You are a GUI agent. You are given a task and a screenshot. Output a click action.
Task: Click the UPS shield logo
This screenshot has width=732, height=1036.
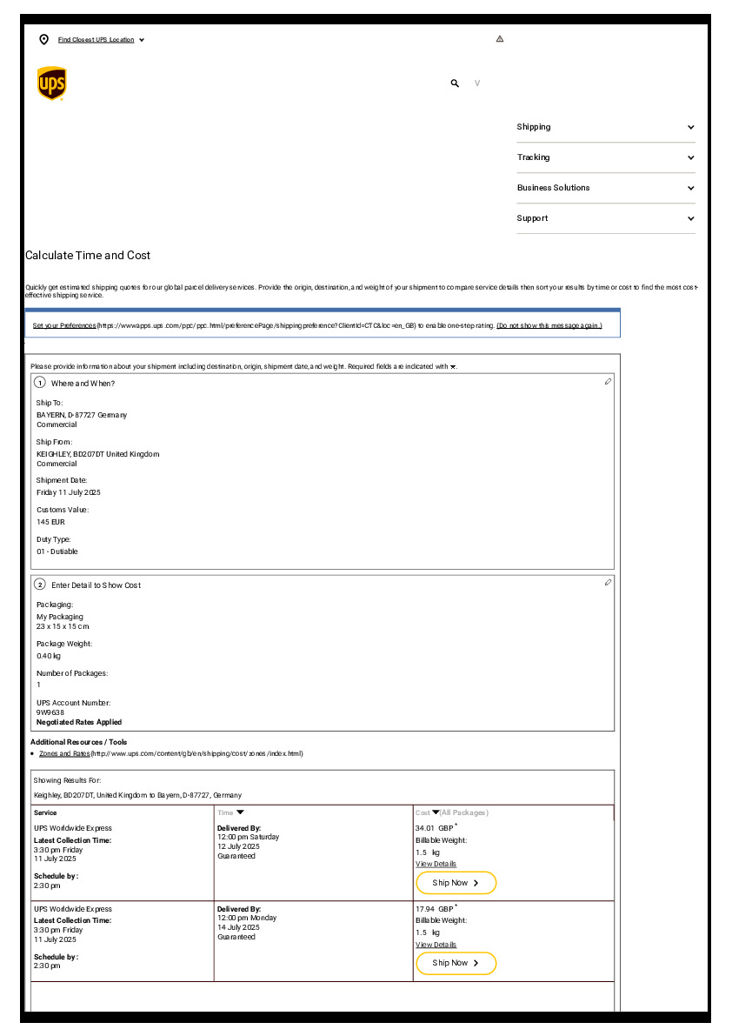point(51,84)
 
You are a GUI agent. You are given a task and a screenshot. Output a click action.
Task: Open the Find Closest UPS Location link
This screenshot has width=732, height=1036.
point(96,40)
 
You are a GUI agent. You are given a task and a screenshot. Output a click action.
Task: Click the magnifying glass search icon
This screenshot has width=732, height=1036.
point(455,84)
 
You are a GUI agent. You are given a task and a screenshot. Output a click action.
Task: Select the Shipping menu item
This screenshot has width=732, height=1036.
point(534,127)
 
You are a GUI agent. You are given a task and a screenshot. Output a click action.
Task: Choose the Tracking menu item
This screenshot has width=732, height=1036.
point(533,157)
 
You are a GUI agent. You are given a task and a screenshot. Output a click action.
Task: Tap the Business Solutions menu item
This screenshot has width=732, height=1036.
point(553,188)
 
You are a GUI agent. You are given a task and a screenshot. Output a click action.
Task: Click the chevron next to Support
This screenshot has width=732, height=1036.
point(690,218)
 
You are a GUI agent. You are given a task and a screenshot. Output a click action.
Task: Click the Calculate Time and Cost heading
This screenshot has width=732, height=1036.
point(88,256)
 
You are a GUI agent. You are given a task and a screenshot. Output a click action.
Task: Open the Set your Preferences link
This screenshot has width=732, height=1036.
point(64,325)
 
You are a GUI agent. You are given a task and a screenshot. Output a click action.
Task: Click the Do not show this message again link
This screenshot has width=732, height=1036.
point(549,325)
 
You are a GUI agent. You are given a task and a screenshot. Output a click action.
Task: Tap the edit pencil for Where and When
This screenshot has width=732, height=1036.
point(608,382)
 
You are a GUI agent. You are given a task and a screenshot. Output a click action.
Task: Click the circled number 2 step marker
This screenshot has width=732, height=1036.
point(40,585)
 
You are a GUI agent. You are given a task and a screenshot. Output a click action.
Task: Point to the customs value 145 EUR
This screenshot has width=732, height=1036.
point(50,522)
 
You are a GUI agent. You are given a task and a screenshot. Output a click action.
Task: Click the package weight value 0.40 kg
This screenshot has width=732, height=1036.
point(49,656)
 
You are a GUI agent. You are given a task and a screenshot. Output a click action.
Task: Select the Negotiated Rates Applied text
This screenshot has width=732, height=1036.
point(79,722)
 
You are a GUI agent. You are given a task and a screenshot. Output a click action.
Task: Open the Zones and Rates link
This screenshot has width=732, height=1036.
point(64,753)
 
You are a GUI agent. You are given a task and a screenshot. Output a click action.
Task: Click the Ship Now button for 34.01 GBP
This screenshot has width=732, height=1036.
point(456,883)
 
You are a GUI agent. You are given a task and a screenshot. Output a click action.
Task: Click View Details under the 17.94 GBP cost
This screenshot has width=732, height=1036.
point(436,945)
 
